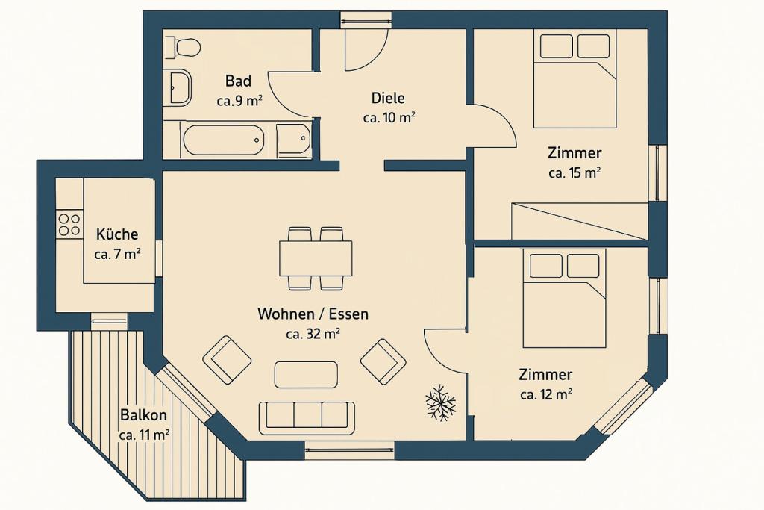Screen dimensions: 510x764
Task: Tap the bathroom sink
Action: coord(179,87)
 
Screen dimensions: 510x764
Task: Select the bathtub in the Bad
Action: coord(223,140)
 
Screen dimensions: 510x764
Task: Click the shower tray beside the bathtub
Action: coord(293,140)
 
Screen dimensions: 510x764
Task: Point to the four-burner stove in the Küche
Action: coord(69,225)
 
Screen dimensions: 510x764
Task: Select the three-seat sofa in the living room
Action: coord(307,417)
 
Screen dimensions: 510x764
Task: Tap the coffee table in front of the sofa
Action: coord(306,374)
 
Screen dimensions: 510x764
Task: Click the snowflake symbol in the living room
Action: coord(440,403)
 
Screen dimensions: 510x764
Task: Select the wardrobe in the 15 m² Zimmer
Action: coord(578,220)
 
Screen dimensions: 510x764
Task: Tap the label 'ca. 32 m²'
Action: coord(313,334)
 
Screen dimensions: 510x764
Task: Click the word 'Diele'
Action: coord(388,98)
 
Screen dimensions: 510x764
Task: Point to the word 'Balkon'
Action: coord(143,415)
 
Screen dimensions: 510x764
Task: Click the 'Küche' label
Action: coord(117,234)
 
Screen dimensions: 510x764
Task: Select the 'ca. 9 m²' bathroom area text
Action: coord(239,101)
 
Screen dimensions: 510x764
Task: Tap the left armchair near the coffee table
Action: coord(227,359)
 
